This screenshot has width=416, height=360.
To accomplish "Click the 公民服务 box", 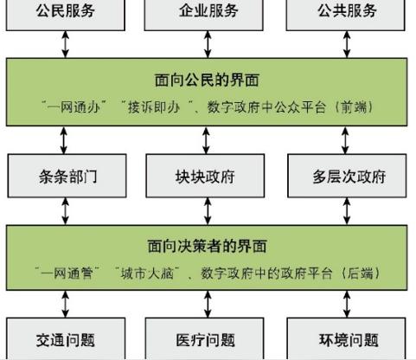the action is pyautogui.click(x=66, y=15).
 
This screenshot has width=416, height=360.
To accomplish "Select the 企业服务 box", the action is pyautogui.click(x=203, y=15).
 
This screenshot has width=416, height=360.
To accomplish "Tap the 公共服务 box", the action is pyautogui.click(x=345, y=15).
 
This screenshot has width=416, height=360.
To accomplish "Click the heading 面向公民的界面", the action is pyautogui.click(x=207, y=80).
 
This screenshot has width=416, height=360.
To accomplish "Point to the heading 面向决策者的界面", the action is pyautogui.click(x=207, y=246).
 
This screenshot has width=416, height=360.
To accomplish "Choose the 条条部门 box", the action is pyautogui.click(x=67, y=176).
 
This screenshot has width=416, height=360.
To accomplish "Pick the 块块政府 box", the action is pyautogui.click(x=205, y=176).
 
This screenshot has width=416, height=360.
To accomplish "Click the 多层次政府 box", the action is pyautogui.click(x=347, y=176).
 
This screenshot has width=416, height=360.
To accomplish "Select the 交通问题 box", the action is pyautogui.click(x=66, y=338).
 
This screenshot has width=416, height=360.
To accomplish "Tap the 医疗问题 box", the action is pyautogui.click(x=204, y=338).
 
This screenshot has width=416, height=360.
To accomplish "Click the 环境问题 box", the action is pyautogui.click(x=346, y=338).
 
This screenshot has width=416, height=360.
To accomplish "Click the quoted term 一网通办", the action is pyautogui.click(x=74, y=107).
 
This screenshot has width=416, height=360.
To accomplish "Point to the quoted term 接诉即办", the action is pyautogui.click(x=154, y=107).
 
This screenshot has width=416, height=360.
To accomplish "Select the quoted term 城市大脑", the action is pyautogui.click(x=147, y=273).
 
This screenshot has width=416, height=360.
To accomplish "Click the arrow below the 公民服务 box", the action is pyautogui.click(x=66, y=44).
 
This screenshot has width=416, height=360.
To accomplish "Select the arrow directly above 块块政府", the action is pyautogui.click(x=206, y=141).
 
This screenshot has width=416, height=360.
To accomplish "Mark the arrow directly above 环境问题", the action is pyautogui.click(x=347, y=305).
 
